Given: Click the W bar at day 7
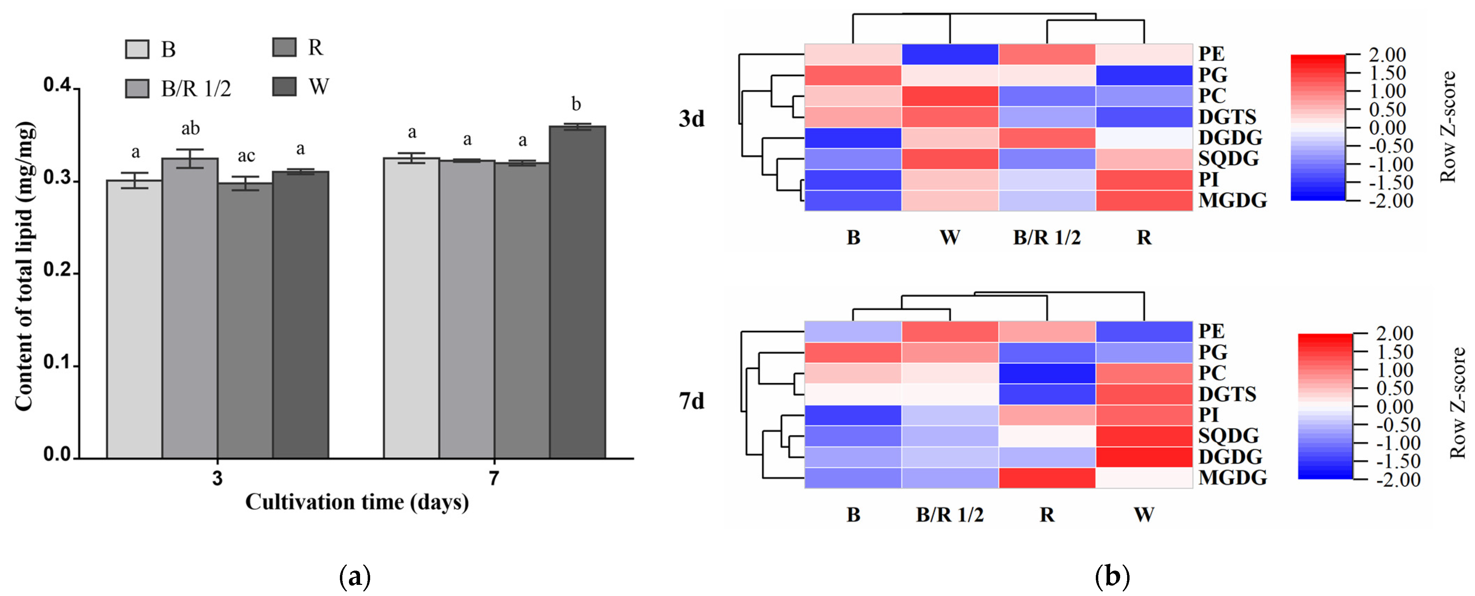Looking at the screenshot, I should tap(577, 292).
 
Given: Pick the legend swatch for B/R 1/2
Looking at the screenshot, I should tap(137, 89).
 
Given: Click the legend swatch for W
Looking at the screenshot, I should tap(284, 87).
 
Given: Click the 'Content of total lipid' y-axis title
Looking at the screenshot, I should tap(24, 266).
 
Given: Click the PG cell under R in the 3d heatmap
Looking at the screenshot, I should tap(1144, 75).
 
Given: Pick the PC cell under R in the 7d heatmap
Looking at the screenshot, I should tap(1047, 373).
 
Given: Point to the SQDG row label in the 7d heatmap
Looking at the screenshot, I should tap(1228, 436).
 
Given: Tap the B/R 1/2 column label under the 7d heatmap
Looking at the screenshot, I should tap(950, 515).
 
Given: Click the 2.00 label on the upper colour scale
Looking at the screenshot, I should tap(1387, 55).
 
